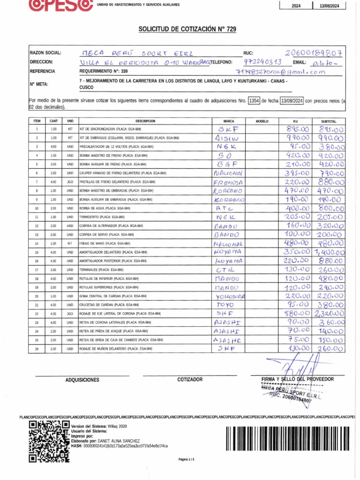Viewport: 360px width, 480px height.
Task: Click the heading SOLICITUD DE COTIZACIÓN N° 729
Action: click(187, 29)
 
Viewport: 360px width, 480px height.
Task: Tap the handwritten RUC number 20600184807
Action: click(315, 52)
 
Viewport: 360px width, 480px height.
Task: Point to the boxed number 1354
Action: click(254, 100)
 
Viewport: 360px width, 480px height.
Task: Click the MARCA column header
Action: click(229, 121)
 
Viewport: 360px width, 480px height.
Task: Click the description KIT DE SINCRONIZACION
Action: click(111, 129)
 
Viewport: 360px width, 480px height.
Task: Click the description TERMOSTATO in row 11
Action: click(102, 217)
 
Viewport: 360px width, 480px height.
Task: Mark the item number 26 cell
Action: click(37, 349)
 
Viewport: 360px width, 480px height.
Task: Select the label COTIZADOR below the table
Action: click(190, 379)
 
